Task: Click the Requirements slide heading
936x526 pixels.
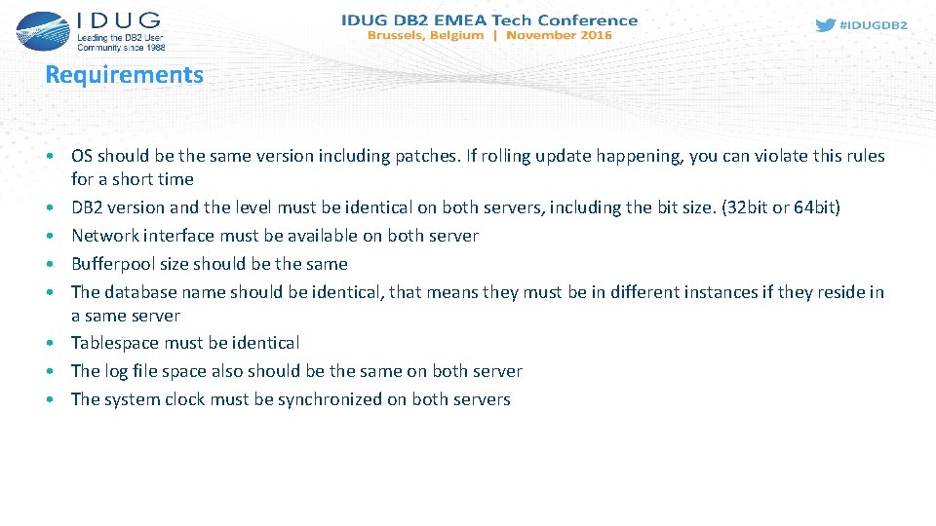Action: click(124, 75)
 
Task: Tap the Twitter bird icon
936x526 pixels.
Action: click(825, 25)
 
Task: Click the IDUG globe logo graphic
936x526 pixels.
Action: click(42, 30)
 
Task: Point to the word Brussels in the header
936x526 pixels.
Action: click(397, 35)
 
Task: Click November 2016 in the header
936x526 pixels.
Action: click(559, 35)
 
